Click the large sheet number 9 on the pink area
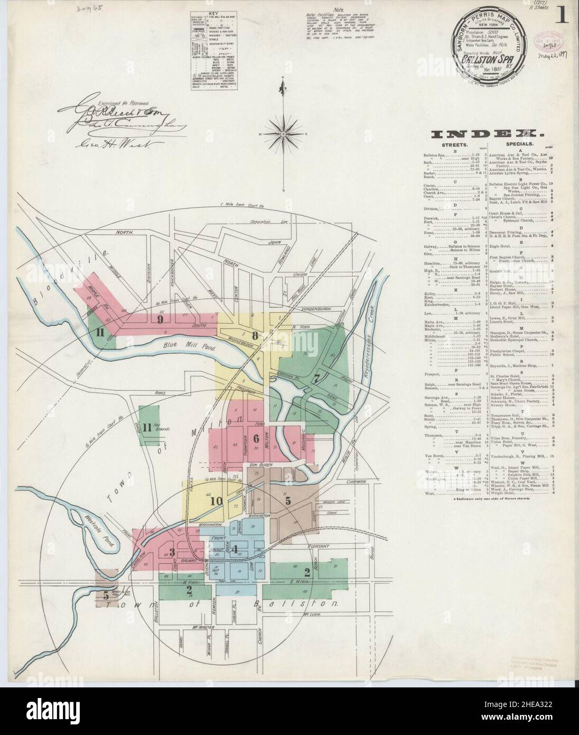click(160, 319)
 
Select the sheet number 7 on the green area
click(316, 378)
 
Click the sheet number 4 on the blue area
click(234, 548)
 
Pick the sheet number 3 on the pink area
click(172, 552)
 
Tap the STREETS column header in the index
click(453, 143)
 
